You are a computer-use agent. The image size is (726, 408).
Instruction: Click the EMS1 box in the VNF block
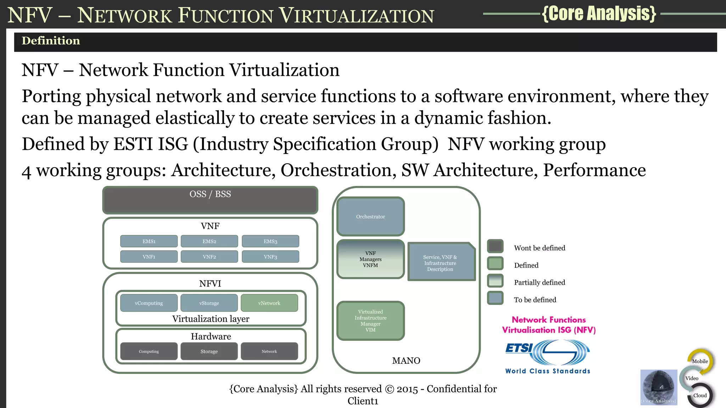tap(149, 241)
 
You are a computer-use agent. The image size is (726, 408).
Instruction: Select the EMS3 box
tap(270, 241)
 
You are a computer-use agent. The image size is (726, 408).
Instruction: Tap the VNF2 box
tap(209, 256)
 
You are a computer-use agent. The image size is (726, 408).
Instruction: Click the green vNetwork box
tap(269, 303)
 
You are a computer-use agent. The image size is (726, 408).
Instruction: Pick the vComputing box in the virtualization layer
tap(149, 303)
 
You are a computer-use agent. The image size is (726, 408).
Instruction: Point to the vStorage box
tap(209, 303)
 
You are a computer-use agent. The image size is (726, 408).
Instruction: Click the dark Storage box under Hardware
tap(209, 351)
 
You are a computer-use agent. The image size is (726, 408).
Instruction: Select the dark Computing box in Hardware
tap(149, 351)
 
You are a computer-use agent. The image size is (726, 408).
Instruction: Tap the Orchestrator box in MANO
tap(370, 216)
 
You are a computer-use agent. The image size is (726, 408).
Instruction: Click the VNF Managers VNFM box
tap(370, 259)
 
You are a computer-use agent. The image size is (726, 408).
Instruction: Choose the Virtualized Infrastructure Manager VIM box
tap(370, 321)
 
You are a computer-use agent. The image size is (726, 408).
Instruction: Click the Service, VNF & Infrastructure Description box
tap(441, 262)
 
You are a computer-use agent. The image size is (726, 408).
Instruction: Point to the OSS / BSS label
tap(210, 194)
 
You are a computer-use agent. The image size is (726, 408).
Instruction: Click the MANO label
tap(406, 361)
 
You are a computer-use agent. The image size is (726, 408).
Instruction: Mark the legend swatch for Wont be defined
tap(495, 246)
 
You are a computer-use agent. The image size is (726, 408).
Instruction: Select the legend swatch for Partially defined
tap(495, 281)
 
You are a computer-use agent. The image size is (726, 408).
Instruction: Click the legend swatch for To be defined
tap(495, 298)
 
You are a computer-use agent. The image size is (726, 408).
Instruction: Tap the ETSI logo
tap(547, 352)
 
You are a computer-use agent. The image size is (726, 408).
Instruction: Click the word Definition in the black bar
tap(51, 41)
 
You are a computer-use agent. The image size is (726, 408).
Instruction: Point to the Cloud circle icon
tap(700, 395)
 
